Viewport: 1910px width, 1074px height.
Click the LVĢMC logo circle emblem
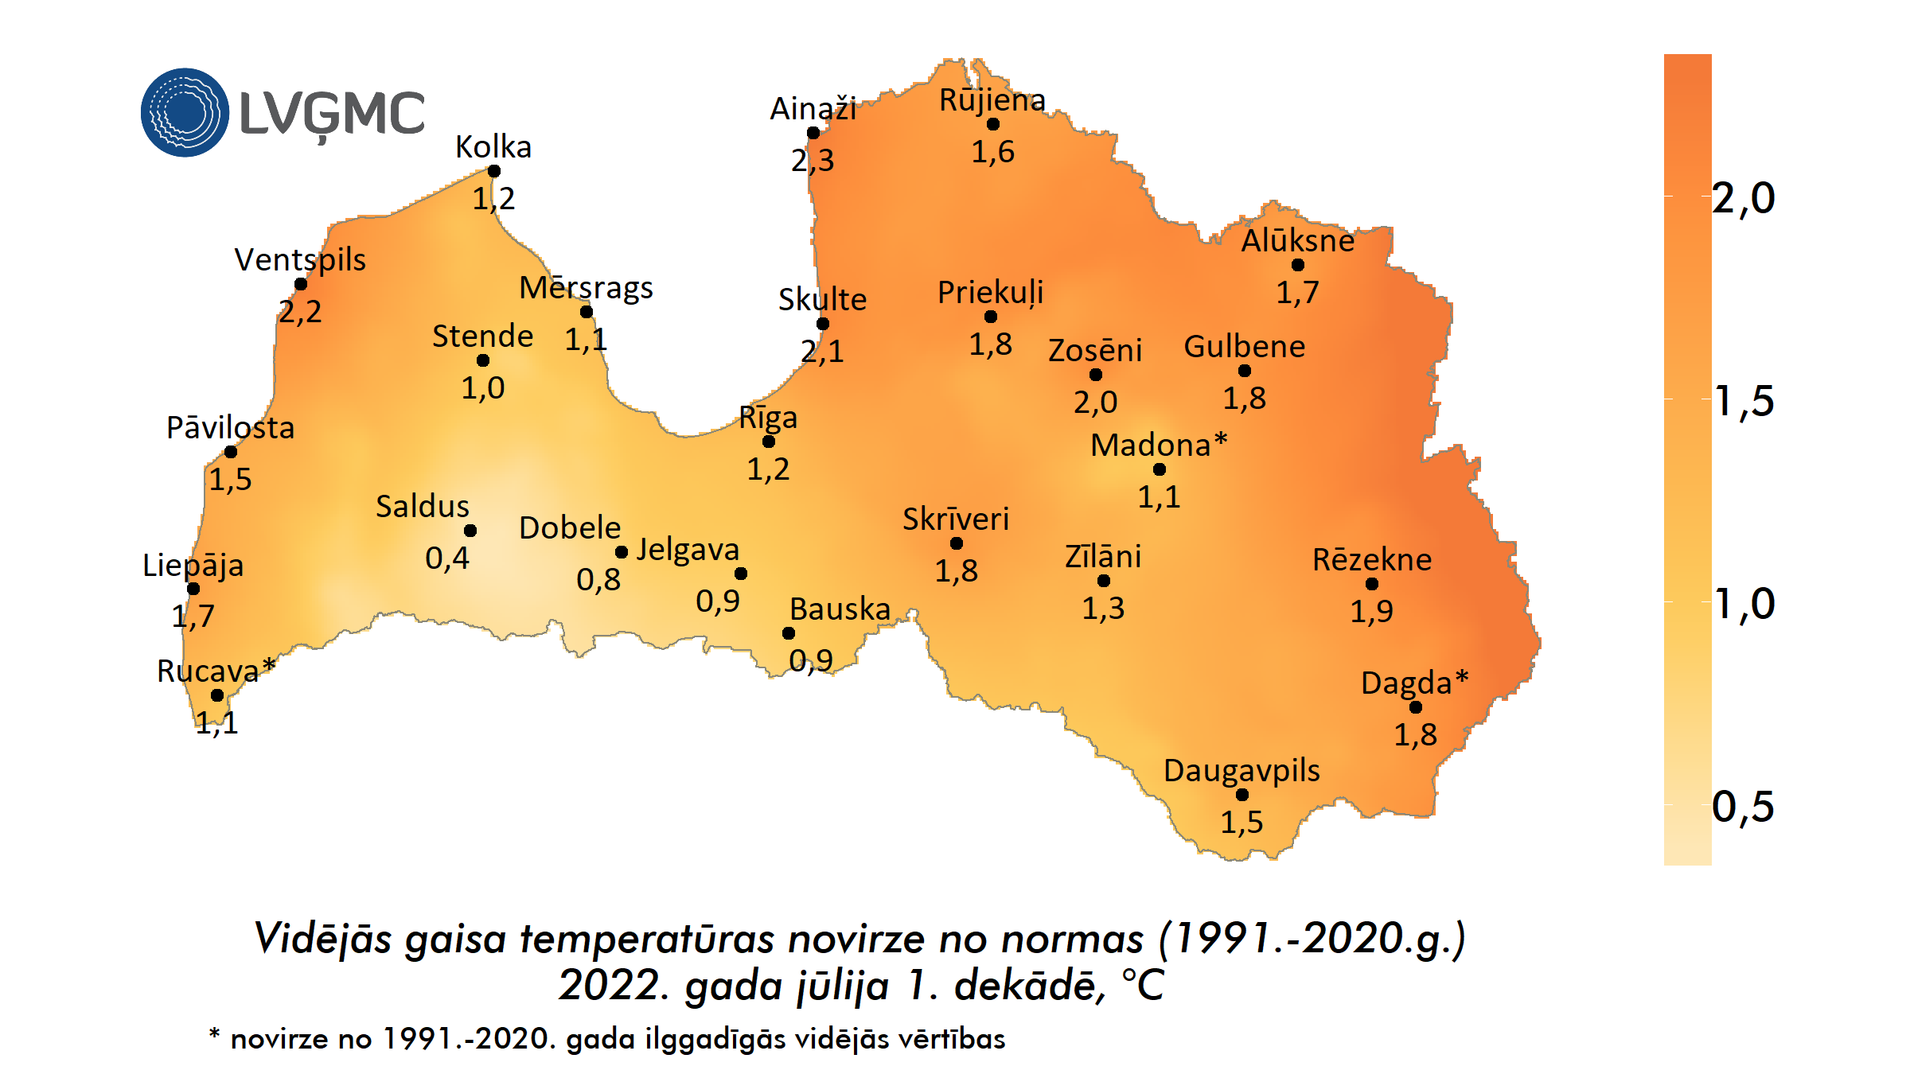(185, 112)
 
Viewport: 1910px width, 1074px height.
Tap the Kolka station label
(493, 147)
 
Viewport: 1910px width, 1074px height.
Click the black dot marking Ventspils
(301, 284)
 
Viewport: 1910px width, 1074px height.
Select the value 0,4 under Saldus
(446, 558)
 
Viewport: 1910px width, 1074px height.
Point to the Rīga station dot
(769, 442)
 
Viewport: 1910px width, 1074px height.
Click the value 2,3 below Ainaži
(812, 161)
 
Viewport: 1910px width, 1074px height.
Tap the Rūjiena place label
(992, 100)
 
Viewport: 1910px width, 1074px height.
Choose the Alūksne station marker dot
(1298, 265)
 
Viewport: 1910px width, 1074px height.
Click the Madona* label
(1158, 445)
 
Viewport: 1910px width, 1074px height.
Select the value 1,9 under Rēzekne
(1371, 612)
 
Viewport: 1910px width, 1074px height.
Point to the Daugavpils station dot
(1242, 795)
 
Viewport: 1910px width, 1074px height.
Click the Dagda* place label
(1414, 683)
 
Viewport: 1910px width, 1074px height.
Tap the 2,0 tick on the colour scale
(1743, 197)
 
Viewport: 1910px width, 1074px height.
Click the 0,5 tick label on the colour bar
(1743, 807)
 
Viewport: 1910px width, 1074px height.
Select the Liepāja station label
(193, 566)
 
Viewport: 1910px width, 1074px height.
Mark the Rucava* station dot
(217, 695)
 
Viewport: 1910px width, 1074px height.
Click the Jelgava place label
(688, 550)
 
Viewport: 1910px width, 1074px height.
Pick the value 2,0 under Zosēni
(1095, 403)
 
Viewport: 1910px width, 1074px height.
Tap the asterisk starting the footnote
(214, 1034)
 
